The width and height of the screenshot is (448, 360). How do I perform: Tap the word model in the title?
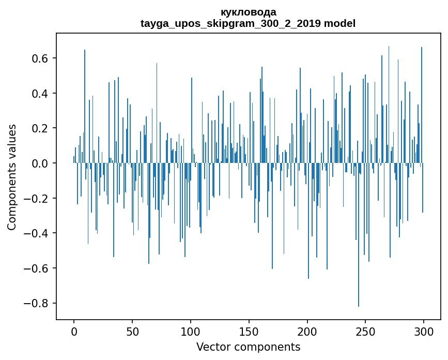(340, 23)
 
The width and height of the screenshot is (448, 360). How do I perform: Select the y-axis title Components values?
(12, 177)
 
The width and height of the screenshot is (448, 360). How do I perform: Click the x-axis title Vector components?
(248, 347)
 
